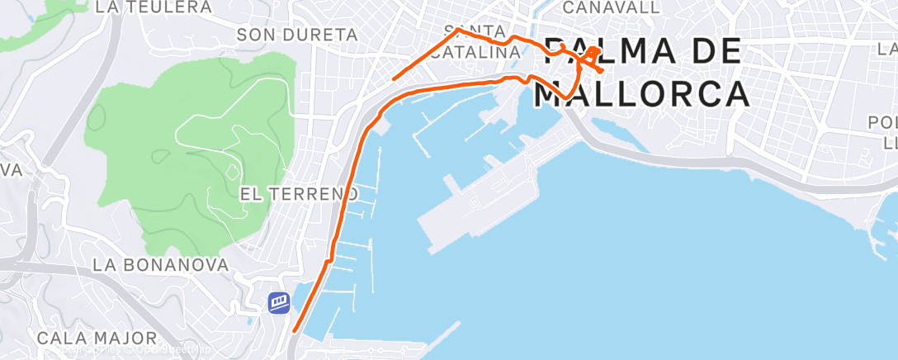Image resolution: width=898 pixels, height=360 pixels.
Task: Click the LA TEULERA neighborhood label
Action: pos(154,7)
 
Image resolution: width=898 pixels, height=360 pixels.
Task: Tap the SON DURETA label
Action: pos(297,35)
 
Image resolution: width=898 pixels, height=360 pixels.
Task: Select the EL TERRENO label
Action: pos(300,194)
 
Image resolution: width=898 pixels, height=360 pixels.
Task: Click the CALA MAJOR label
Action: pos(97,338)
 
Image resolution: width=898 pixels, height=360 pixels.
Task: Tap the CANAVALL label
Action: pos(611,7)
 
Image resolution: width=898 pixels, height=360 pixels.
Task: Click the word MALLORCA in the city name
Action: pos(642,93)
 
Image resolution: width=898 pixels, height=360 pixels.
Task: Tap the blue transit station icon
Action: pos(279,303)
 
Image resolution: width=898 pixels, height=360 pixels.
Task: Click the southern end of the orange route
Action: pos(294,332)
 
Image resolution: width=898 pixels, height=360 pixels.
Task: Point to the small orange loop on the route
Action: pos(594,53)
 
